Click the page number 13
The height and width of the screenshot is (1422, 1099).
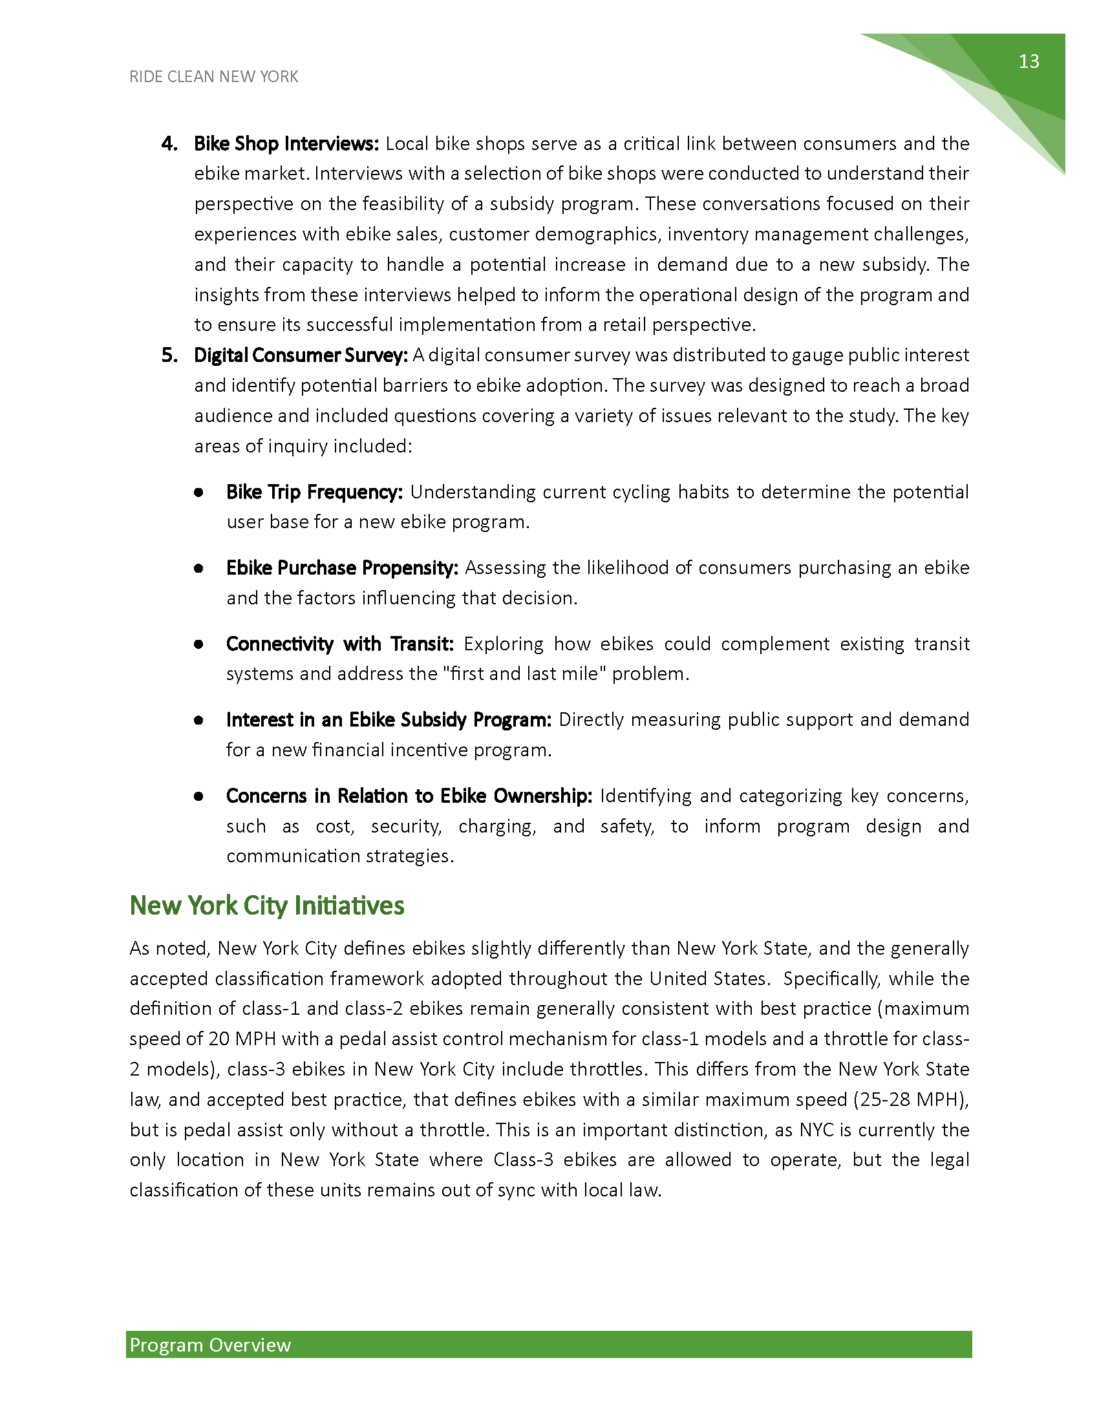(x=1029, y=61)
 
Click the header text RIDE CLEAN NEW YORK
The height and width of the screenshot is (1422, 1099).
(x=213, y=77)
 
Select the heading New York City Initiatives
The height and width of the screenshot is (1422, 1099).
(x=267, y=906)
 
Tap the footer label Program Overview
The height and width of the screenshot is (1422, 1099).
(x=210, y=1345)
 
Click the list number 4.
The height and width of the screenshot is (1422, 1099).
(x=169, y=144)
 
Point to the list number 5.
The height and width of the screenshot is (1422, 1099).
(x=169, y=355)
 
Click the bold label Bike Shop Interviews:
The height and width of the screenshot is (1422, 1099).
(x=286, y=144)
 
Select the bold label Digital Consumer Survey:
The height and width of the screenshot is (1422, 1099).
(x=301, y=355)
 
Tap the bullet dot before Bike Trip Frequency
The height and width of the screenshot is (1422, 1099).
(x=198, y=493)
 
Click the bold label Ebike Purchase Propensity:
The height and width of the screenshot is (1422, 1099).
(x=342, y=568)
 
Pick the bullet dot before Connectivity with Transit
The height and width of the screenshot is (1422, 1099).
(x=198, y=644)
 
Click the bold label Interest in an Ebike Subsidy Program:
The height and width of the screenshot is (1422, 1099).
(x=389, y=720)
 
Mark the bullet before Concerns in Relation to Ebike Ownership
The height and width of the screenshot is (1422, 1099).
(x=198, y=796)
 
